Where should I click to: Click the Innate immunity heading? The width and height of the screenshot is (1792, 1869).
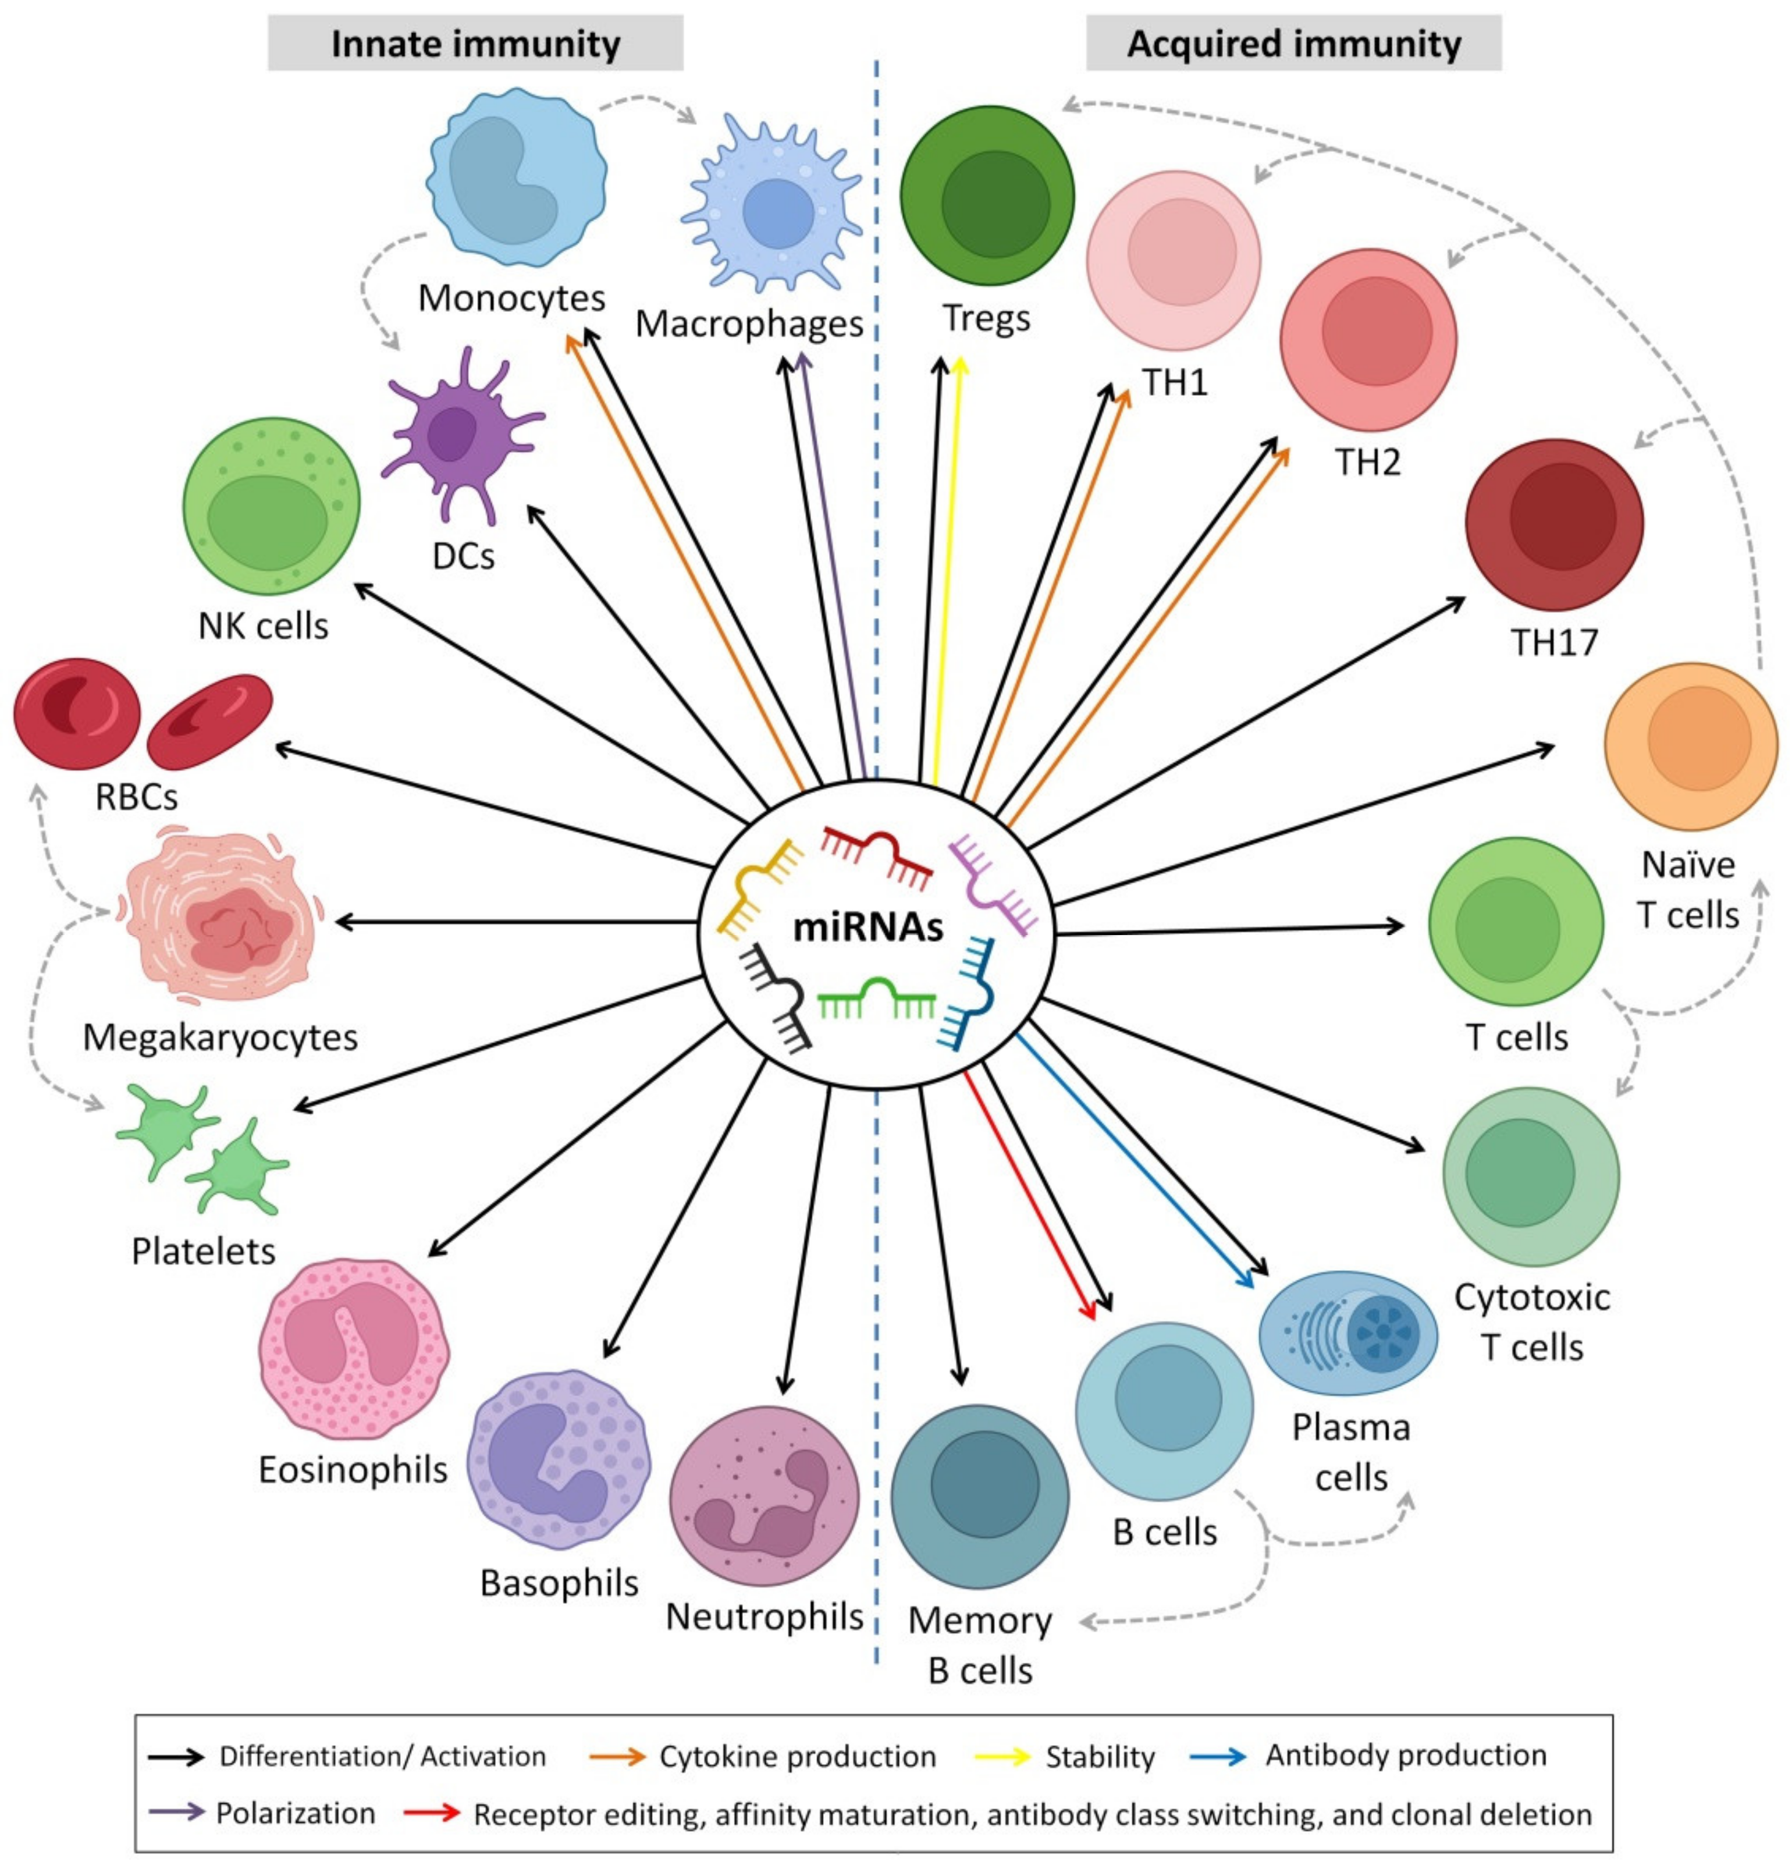[x=474, y=44]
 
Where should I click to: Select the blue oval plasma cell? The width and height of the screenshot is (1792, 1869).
[x=1347, y=1332]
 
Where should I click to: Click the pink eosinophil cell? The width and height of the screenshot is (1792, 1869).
[x=353, y=1348]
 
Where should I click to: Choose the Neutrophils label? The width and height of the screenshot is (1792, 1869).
[x=764, y=1616]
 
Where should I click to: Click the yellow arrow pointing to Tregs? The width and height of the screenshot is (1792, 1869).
[x=948, y=572]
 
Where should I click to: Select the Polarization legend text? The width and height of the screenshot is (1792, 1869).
[x=295, y=1813]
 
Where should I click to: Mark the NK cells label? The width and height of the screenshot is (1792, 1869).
[x=262, y=626]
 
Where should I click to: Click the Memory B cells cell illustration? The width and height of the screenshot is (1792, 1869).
[x=979, y=1494]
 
